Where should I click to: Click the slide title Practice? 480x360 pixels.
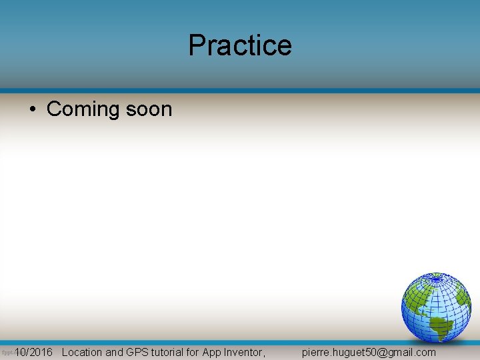[240, 45]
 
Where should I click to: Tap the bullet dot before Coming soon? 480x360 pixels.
[33, 109]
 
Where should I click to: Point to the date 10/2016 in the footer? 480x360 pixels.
[33, 352]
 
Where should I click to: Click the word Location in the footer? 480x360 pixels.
[82, 352]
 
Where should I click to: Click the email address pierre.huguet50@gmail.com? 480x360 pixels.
[369, 352]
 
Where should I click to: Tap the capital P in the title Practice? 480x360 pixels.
[196, 45]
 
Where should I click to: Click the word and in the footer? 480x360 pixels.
[115, 352]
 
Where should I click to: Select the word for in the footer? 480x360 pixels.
[192, 352]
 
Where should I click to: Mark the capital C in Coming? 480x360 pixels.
[54, 109]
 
